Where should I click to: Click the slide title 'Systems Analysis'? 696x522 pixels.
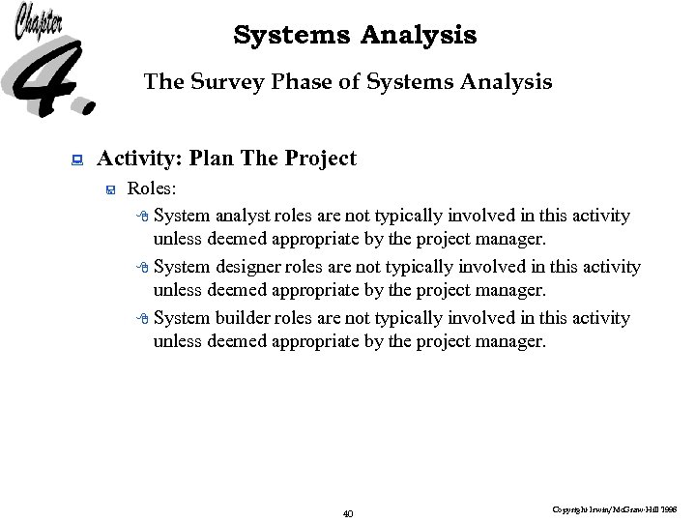pos(355,36)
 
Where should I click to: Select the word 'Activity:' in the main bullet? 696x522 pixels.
pos(140,159)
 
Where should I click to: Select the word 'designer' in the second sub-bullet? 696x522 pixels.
pos(246,267)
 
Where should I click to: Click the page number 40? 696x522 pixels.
pos(348,513)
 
